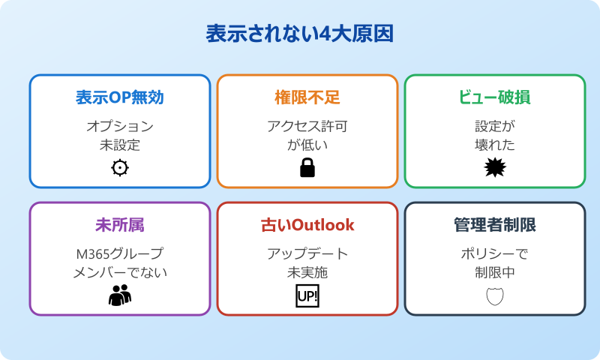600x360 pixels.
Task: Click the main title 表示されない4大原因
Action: (300, 34)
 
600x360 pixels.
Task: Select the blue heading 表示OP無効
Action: (120, 97)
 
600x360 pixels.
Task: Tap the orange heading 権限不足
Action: (307, 97)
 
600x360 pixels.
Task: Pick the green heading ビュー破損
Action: (495, 97)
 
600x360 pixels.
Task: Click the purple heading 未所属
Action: (120, 225)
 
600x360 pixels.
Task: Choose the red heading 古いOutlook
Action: (307, 225)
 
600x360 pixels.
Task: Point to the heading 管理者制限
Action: (495, 225)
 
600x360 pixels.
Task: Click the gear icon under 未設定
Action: (120, 168)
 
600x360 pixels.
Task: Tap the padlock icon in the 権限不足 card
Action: (307, 168)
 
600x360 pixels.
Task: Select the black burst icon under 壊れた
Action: (495, 168)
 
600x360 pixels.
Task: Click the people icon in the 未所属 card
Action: (120, 295)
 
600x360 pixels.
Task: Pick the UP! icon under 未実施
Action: (307, 295)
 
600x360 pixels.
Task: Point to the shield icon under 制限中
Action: (495, 295)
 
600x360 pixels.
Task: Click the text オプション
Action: (120, 126)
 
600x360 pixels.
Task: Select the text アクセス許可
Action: (307, 126)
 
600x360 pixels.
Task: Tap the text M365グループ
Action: (120, 253)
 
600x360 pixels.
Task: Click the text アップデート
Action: (307, 253)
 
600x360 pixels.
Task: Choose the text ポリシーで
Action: (495, 253)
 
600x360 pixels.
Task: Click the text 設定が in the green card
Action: (495, 126)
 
